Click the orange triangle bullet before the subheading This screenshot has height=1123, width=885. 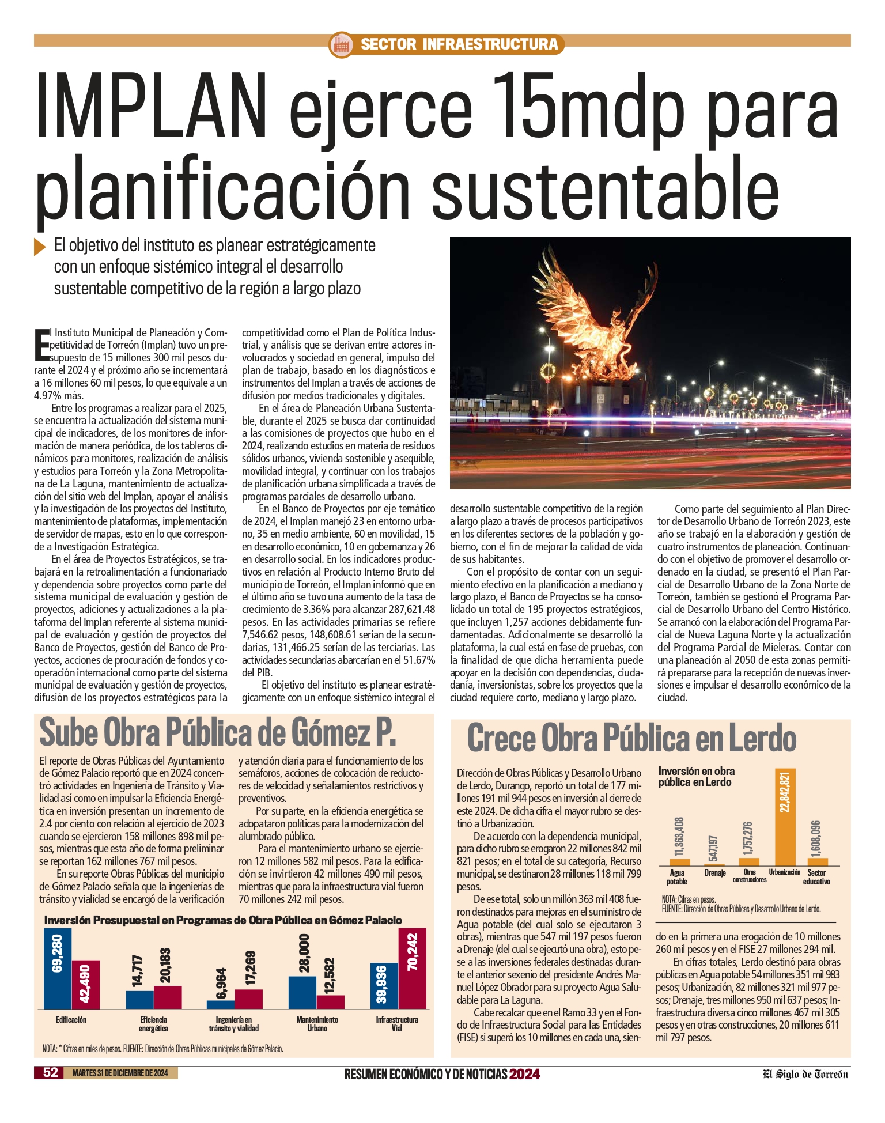(40, 246)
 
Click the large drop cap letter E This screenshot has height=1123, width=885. (41, 344)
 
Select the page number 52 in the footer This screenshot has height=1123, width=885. (51, 1072)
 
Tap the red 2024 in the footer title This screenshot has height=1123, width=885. (524, 1074)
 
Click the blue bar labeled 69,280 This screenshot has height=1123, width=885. (58, 969)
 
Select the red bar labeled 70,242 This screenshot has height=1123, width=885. (413, 969)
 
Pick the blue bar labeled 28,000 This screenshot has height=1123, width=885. (302, 992)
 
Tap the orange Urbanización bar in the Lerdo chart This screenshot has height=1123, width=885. (785, 817)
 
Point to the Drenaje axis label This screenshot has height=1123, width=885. (715, 873)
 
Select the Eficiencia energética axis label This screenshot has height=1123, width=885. (153, 1024)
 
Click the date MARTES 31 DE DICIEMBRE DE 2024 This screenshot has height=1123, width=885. (120, 1073)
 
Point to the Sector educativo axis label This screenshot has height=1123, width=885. (816, 877)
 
